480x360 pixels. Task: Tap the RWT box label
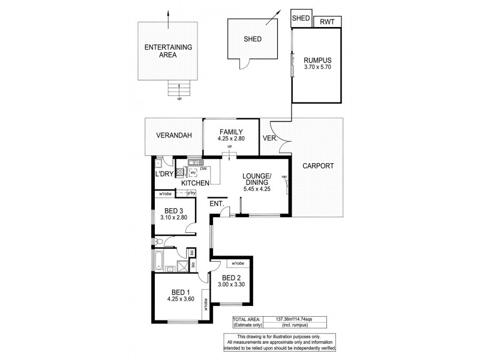click(x=327, y=22)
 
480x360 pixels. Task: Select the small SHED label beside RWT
click(x=301, y=18)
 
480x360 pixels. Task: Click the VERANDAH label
click(x=174, y=136)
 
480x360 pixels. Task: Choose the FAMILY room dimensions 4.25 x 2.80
click(x=230, y=139)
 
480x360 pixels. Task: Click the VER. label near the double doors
click(x=269, y=139)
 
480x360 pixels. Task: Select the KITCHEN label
click(x=195, y=182)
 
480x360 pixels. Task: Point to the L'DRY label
click(x=164, y=174)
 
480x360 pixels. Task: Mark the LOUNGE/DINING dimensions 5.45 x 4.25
click(x=257, y=187)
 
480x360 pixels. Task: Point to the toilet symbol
click(x=158, y=242)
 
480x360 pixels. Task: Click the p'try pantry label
click(x=191, y=193)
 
